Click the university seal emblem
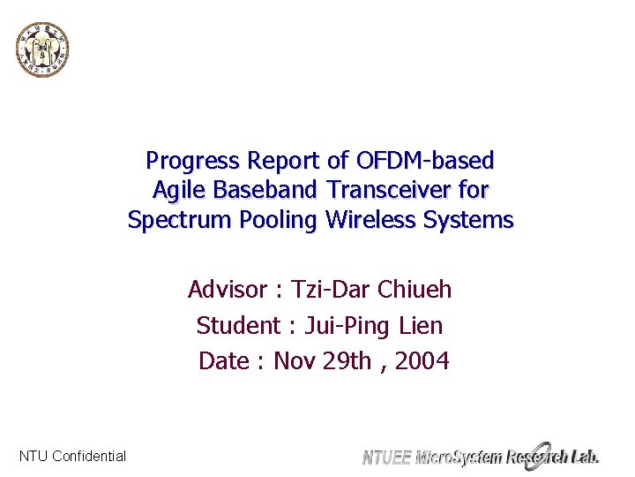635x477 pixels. pos(42,49)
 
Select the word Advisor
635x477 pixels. pos(227,290)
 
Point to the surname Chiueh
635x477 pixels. pos(414,290)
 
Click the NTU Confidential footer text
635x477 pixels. pos(72,457)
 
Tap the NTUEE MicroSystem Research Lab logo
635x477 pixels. pos(481,455)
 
